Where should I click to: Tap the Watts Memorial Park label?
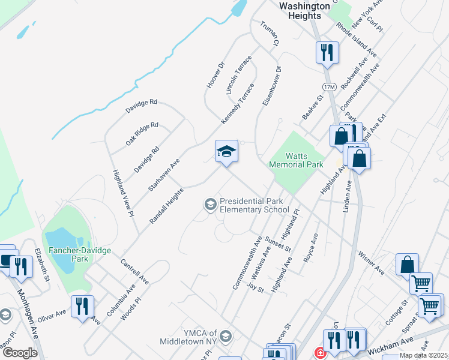pos(296,160)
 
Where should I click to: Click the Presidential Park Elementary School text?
pos(254,205)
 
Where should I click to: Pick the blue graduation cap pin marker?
pos(226,151)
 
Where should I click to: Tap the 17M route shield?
pos(329,87)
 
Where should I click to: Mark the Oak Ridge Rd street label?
pos(142,134)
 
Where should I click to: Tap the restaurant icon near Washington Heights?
pos(327,52)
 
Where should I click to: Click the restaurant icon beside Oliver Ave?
pos(82,305)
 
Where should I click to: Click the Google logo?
pos(20,353)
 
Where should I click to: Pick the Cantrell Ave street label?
pos(134,271)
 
